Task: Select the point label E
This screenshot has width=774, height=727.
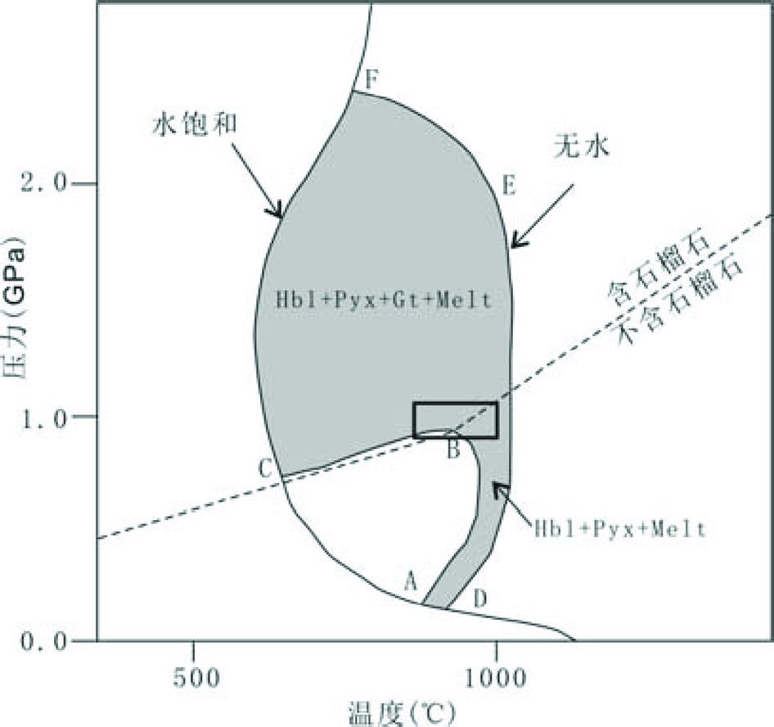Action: (508, 186)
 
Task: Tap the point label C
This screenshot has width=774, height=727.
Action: (265, 469)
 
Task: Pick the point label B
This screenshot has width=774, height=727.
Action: (452, 448)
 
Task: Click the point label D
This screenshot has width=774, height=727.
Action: (480, 598)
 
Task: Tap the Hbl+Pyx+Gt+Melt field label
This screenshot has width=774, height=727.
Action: (384, 300)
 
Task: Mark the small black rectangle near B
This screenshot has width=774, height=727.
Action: (455, 420)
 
